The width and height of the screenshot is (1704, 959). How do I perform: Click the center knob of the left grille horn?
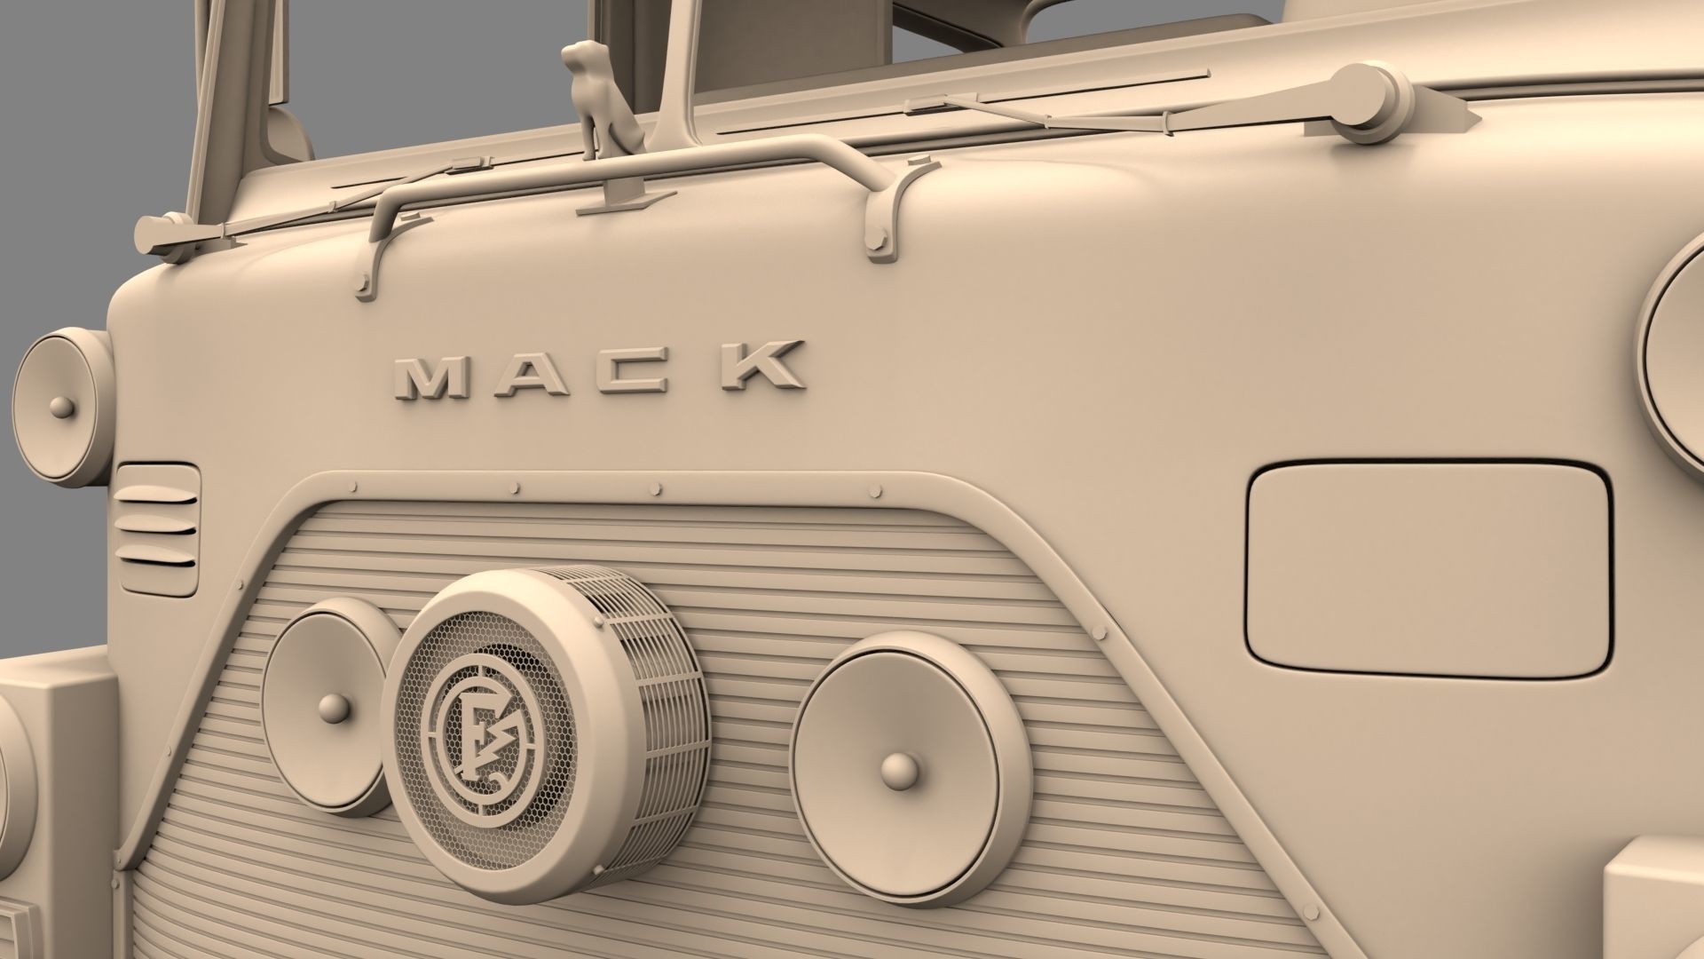pyautogui.click(x=335, y=708)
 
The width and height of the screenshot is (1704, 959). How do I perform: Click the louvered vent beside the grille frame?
pyautogui.click(x=157, y=529)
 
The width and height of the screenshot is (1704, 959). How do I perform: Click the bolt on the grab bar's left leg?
pyautogui.click(x=363, y=286)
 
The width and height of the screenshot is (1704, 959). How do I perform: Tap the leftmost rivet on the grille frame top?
pyautogui.click(x=354, y=487)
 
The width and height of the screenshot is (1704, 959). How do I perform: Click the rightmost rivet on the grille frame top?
pyautogui.click(x=875, y=492)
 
